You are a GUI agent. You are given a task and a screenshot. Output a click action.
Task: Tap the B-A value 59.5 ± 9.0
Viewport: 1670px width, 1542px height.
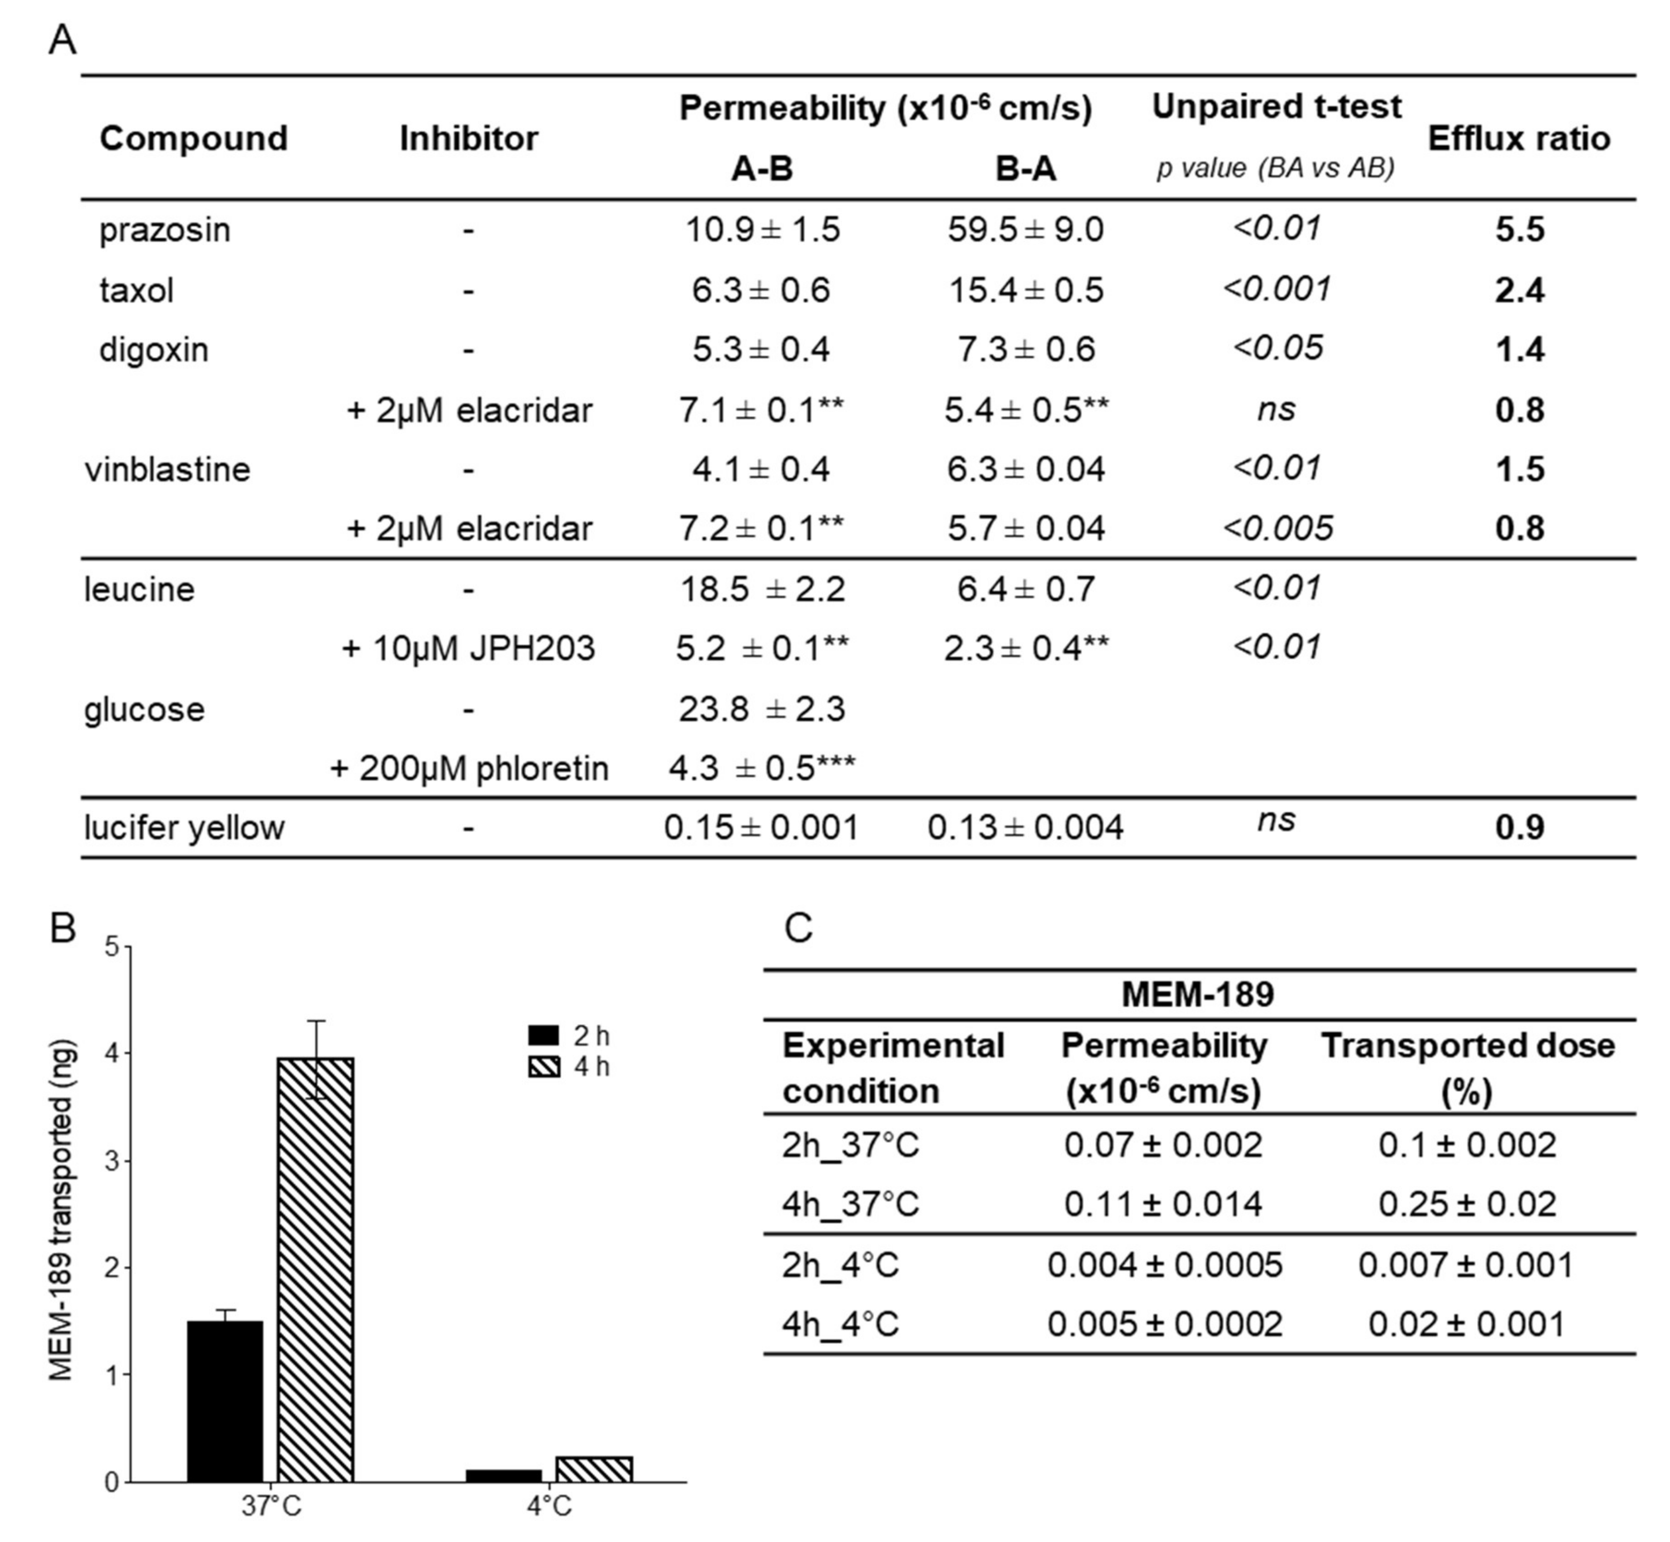1025,230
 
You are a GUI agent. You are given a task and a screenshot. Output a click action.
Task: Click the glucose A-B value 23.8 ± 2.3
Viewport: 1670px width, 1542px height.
762,709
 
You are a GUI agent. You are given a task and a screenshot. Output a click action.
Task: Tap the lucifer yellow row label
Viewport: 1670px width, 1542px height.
184,828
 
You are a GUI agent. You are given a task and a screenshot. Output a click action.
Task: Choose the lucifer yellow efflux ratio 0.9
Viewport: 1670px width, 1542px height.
1519,828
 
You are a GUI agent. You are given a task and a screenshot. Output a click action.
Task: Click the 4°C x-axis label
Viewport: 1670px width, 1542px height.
549,1506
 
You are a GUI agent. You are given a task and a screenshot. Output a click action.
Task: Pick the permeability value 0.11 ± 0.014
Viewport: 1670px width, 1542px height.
1163,1204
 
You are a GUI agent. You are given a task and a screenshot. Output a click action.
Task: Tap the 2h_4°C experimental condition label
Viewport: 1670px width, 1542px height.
840,1265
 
